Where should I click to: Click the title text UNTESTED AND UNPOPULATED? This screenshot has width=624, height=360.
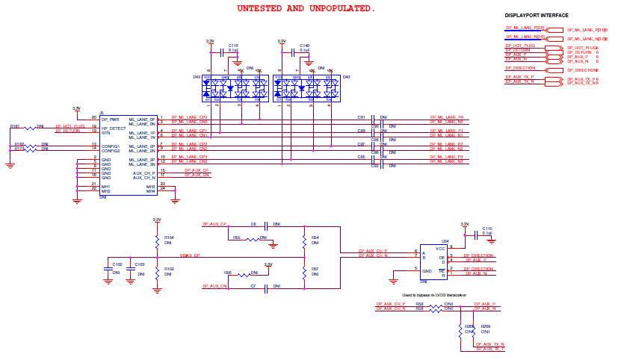click(x=306, y=9)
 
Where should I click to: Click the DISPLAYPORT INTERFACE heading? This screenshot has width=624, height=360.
click(x=537, y=15)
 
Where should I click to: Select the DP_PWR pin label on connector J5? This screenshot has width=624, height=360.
click(x=111, y=119)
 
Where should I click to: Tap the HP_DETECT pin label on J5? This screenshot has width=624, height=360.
click(x=114, y=128)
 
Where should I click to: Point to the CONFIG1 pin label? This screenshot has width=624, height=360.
click(x=111, y=146)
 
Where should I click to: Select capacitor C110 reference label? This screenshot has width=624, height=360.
click(x=233, y=45)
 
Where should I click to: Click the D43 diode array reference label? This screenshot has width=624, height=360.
click(x=197, y=77)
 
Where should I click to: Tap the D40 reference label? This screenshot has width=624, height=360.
click(x=347, y=77)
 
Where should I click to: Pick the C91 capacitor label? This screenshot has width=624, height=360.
click(x=361, y=117)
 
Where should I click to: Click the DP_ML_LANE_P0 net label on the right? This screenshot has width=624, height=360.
click(x=446, y=117)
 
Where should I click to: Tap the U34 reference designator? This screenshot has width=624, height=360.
click(x=445, y=242)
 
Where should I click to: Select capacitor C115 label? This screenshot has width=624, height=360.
click(x=487, y=229)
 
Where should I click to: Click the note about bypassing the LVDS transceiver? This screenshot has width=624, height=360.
click(x=433, y=296)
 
